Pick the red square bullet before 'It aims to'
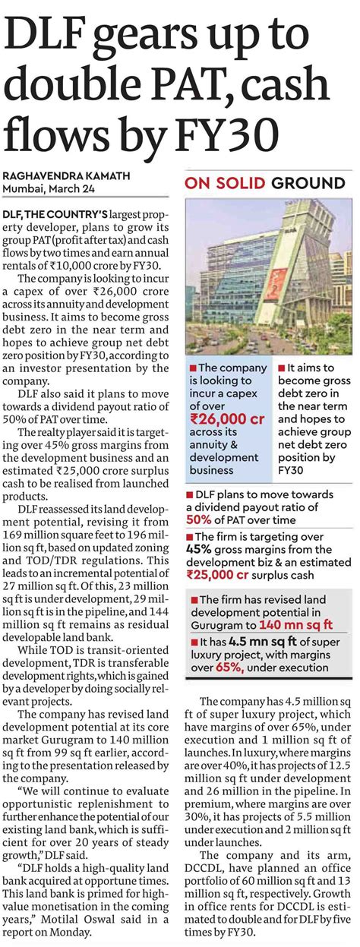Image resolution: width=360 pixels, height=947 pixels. (283, 368)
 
